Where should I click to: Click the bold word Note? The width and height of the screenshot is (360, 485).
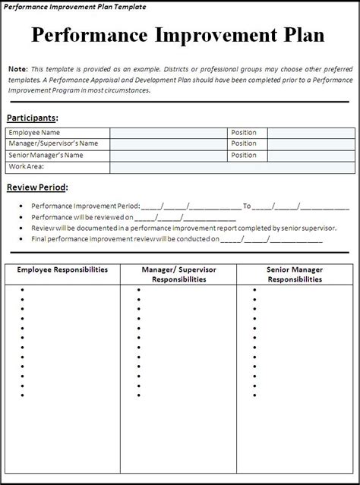19,70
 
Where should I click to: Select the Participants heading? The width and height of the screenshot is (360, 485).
32,118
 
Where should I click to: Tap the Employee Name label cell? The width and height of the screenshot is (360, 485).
34,132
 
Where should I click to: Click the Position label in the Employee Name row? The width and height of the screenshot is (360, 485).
244,132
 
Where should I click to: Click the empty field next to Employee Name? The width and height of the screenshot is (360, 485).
169,132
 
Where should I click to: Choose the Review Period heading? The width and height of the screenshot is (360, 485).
36,187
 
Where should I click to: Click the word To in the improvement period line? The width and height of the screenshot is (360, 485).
246,206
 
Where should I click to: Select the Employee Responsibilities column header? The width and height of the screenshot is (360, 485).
62,269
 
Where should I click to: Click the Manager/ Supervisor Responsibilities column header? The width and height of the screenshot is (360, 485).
178,274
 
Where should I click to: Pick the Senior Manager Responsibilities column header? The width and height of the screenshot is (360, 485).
295,274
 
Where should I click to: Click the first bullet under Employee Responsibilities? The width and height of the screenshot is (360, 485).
22,289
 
